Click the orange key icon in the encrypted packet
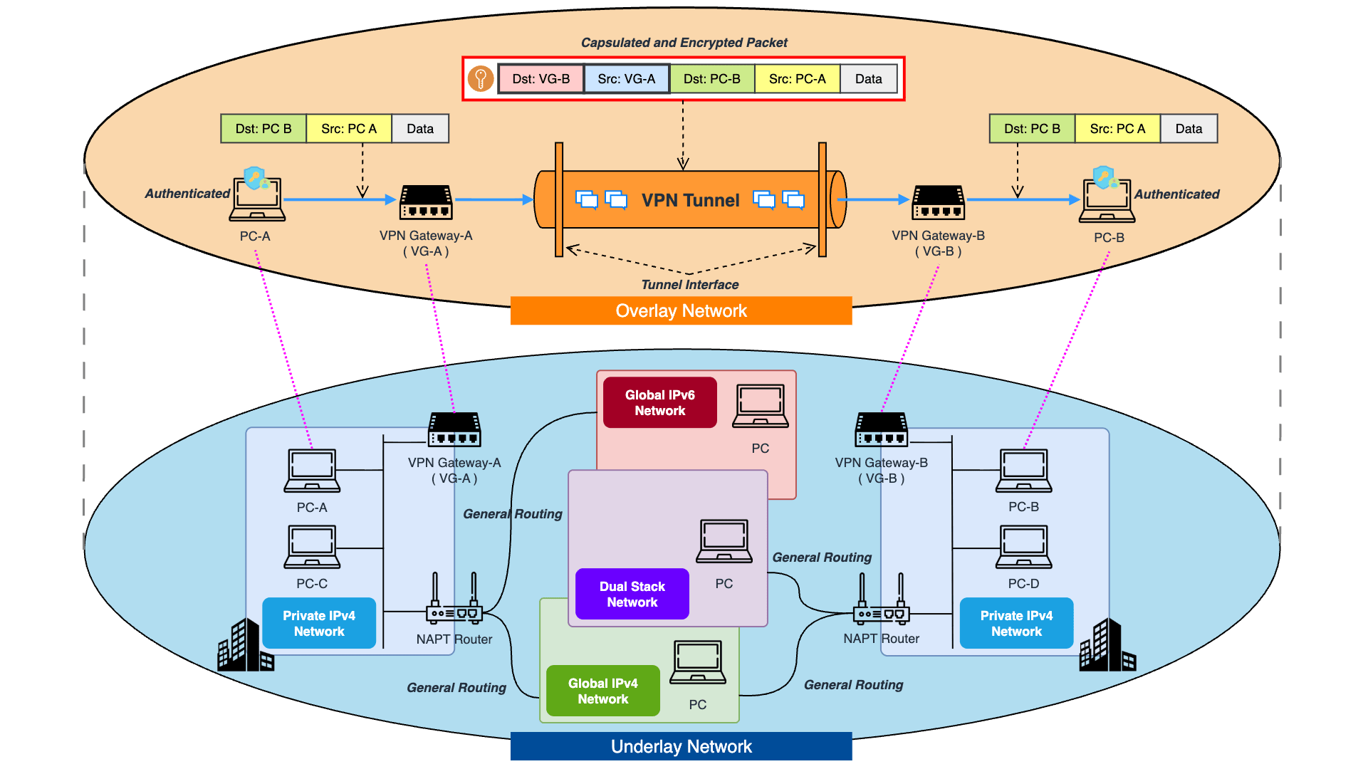(x=481, y=78)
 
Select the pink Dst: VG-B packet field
(x=541, y=79)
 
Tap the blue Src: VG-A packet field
(x=626, y=79)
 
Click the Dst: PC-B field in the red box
(x=711, y=79)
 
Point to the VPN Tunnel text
(x=690, y=201)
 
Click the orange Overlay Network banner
(x=681, y=311)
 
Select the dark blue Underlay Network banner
(x=681, y=746)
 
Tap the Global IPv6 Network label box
(x=659, y=403)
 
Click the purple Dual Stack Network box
(x=632, y=594)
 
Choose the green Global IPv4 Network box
(x=602, y=691)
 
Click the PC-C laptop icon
(x=312, y=547)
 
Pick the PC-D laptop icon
(x=1023, y=547)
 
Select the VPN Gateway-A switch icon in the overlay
(x=426, y=202)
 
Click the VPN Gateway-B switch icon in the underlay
(x=881, y=429)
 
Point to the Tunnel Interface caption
(x=689, y=285)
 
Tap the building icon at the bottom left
(x=245, y=646)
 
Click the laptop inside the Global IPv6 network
(x=761, y=406)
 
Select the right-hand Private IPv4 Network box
(x=1016, y=623)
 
